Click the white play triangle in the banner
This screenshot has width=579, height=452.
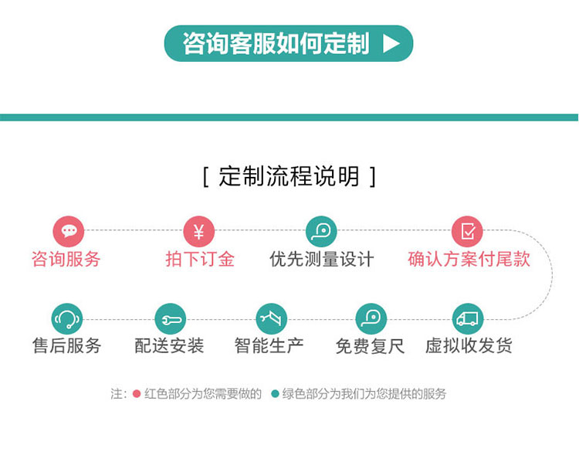click(x=391, y=43)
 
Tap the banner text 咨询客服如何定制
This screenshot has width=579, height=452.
click(x=276, y=43)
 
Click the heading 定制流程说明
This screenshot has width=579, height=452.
click(x=289, y=176)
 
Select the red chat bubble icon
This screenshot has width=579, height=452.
click(x=68, y=231)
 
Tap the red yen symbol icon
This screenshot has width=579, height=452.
click(x=199, y=231)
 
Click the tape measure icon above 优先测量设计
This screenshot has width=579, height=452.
click(x=321, y=231)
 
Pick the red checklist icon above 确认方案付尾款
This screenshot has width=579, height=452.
click(x=468, y=231)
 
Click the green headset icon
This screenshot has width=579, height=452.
click(x=67, y=318)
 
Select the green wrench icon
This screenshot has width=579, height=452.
click(x=171, y=318)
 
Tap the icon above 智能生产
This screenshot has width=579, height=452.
click(x=272, y=318)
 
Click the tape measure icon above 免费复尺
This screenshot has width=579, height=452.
click(x=371, y=318)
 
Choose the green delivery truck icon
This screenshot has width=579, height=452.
click(x=468, y=318)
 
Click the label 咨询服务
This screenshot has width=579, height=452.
click(x=66, y=259)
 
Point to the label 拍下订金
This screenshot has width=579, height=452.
click(x=200, y=259)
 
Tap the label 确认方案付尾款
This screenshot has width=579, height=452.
click(x=469, y=259)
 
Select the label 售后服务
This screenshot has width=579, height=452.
click(x=67, y=346)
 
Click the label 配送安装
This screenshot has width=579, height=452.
click(x=169, y=346)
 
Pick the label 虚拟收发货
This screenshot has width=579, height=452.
click(x=469, y=346)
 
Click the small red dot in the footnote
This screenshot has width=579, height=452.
click(x=137, y=393)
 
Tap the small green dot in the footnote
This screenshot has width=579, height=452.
click(x=275, y=393)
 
